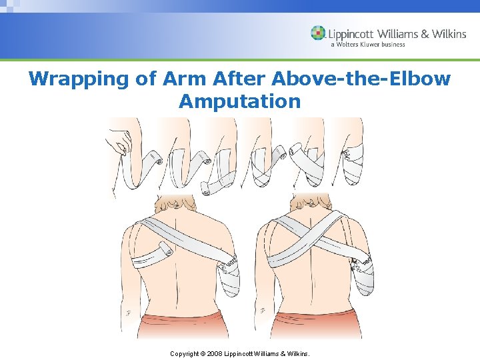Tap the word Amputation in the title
click(240, 102)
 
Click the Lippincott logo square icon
click(318, 33)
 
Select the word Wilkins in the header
click(446, 33)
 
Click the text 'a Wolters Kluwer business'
click(367, 45)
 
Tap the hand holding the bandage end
click(120, 140)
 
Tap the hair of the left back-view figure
click(174, 201)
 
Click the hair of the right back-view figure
click(311, 201)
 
